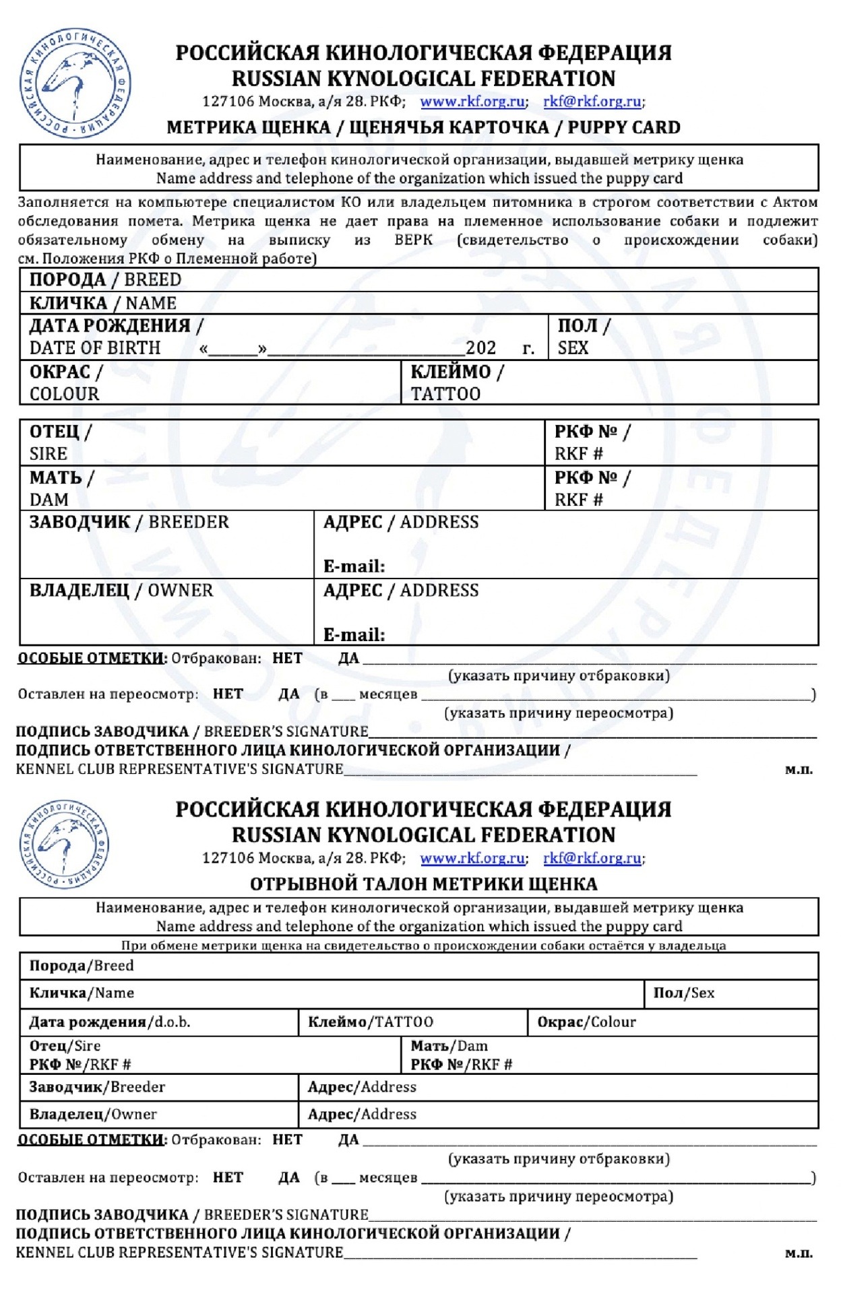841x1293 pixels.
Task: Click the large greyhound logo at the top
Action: [x=75, y=84]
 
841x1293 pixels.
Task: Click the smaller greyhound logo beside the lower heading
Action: [x=65, y=844]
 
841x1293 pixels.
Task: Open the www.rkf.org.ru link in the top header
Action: [x=472, y=102]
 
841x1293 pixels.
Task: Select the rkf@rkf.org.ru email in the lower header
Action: [x=592, y=858]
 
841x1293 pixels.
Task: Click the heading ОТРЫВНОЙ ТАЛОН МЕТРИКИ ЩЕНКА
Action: [x=423, y=884]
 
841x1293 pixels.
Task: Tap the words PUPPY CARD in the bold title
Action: [x=623, y=127]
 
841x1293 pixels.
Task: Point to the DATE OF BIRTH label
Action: [x=95, y=348]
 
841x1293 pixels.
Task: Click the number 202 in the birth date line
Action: [x=480, y=348]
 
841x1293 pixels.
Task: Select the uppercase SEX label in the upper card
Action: [x=573, y=348]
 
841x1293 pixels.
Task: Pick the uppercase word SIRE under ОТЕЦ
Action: [x=49, y=454]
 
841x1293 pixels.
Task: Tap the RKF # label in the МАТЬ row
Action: [x=578, y=500]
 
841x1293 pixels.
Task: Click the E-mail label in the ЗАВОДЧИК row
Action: [x=354, y=566]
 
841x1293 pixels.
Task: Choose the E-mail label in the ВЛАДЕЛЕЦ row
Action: [x=354, y=634]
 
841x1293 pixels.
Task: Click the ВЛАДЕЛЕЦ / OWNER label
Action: [x=121, y=591]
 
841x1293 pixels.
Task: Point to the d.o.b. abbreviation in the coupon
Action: [x=173, y=1022]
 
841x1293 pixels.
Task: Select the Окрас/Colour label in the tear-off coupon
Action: [x=586, y=1022]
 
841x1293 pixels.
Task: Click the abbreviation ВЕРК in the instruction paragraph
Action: [x=413, y=240]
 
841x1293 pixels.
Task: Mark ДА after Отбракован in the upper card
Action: [x=348, y=658]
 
